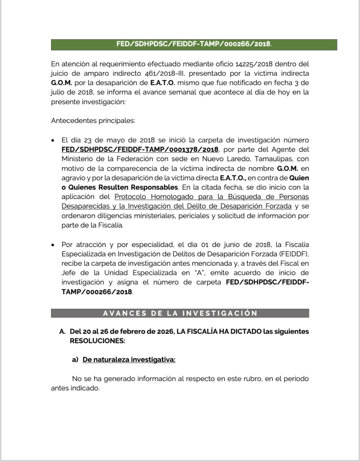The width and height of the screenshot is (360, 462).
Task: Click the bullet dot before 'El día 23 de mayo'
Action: (x=54, y=140)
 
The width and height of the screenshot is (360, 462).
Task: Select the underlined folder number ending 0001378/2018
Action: (x=140, y=149)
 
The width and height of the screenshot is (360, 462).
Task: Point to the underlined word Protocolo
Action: (x=133, y=197)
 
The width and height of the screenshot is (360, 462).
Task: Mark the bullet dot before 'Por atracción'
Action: (x=54, y=245)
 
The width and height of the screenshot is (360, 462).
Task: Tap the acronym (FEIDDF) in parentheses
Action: (x=294, y=254)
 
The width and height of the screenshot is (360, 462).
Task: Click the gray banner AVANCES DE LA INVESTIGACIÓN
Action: (x=180, y=313)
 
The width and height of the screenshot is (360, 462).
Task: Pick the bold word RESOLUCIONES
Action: (x=97, y=341)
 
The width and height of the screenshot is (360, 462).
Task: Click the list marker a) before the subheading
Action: (x=75, y=360)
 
